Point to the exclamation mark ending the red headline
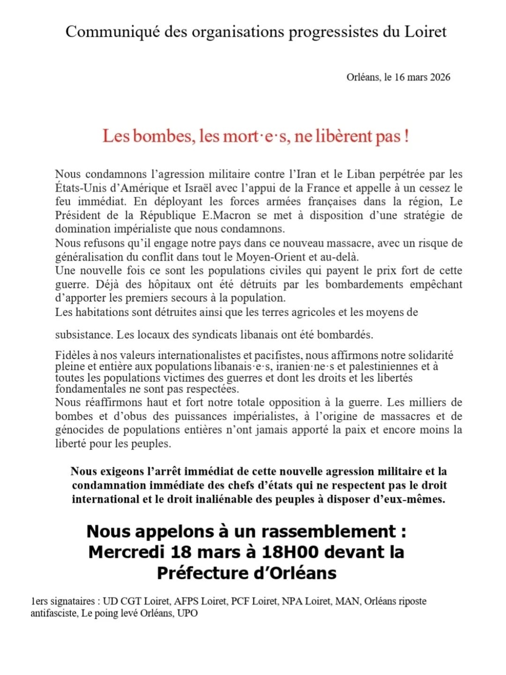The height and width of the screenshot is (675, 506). [x=406, y=136]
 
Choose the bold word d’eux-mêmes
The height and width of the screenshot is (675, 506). [x=411, y=499]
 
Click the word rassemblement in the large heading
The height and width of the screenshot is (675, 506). [x=328, y=532]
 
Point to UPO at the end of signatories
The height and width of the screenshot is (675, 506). [x=187, y=614]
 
